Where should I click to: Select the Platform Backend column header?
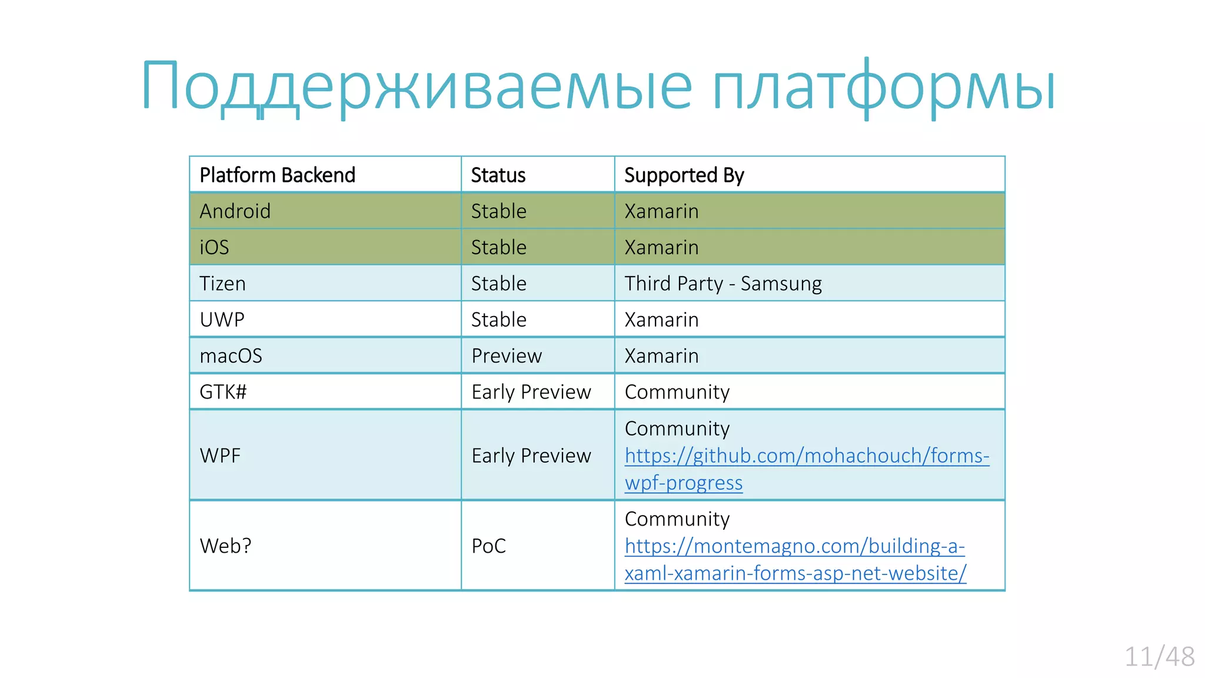277,175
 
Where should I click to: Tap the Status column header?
498,175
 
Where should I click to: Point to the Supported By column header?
684,175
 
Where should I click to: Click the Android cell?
235,211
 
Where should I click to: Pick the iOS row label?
214,247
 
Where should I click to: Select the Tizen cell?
222,284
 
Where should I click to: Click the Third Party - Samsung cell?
723,284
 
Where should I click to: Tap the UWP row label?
222,320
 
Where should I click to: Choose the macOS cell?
231,356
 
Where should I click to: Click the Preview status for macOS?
506,356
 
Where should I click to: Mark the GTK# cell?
223,392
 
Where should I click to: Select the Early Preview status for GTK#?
531,392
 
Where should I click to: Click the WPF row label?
220,456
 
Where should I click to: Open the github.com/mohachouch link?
806,456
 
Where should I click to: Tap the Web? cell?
225,546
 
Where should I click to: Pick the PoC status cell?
488,546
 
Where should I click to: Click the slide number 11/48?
1159,657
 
